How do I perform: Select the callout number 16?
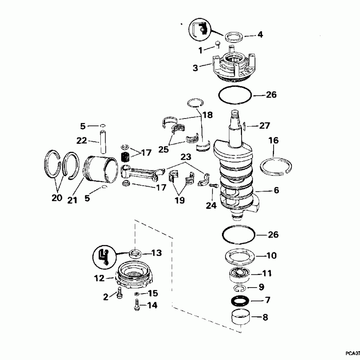pos(274,141)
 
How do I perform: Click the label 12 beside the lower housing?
pos(100,278)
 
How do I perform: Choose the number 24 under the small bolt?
pos(211,205)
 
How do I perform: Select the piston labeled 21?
pos(102,168)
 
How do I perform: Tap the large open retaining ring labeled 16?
pos(276,166)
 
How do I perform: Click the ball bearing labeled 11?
pos(240,275)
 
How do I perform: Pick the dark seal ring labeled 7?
pos(240,300)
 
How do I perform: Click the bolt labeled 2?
pos(119,294)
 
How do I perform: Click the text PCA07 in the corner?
pos(352,353)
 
